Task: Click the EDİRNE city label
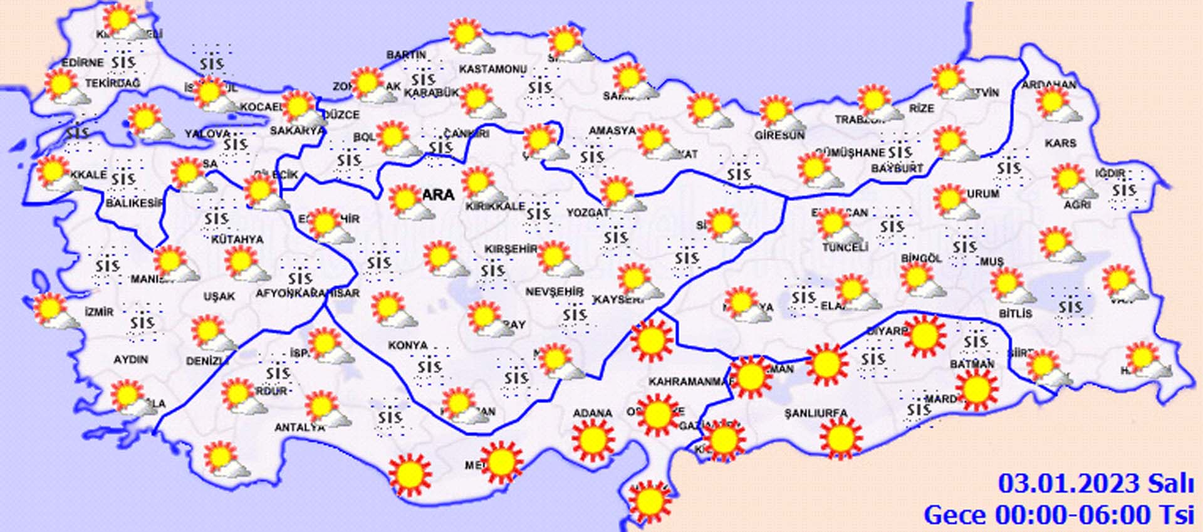click(x=83, y=63)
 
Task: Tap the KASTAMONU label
click(x=492, y=69)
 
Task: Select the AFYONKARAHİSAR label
click(x=308, y=293)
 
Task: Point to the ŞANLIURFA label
click(x=816, y=414)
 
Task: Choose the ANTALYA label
click(x=299, y=428)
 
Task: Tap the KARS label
click(x=1060, y=143)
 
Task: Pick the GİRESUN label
click(x=779, y=135)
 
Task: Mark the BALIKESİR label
click(x=134, y=204)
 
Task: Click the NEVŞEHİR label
click(x=554, y=292)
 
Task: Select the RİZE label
click(x=921, y=109)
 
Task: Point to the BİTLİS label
click(x=1015, y=313)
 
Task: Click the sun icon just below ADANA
click(x=593, y=440)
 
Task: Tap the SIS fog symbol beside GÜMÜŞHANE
click(x=899, y=152)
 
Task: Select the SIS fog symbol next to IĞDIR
click(x=1124, y=190)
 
